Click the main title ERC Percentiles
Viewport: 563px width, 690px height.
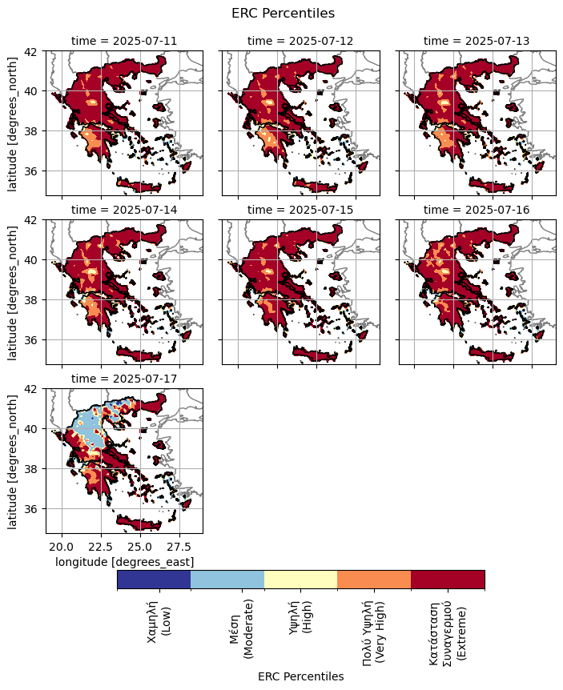click(x=283, y=14)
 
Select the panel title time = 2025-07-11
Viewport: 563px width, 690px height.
click(x=124, y=41)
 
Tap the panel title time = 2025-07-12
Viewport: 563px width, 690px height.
click(x=300, y=41)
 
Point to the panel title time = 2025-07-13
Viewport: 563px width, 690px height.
click(x=477, y=41)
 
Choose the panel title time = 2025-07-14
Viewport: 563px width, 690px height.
click(x=124, y=210)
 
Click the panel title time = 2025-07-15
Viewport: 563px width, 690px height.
click(x=300, y=210)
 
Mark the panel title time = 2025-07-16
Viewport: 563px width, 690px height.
click(x=477, y=210)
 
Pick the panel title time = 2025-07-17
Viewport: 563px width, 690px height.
click(x=124, y=379)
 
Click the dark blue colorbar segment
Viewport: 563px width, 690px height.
click(x=154, y=580)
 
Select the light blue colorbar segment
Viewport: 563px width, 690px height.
click(x=227, y=580)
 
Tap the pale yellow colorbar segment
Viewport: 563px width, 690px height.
click(x=301, y=580)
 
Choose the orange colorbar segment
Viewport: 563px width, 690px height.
click(x=374, y=580)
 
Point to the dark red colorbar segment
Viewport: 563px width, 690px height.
click(x=448, y=580)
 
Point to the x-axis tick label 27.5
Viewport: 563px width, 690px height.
click(x=179, y=548)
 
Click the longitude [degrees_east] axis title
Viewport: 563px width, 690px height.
click(x=124, y=562)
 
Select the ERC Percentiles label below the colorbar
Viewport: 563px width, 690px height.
click(x=300, y=676)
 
